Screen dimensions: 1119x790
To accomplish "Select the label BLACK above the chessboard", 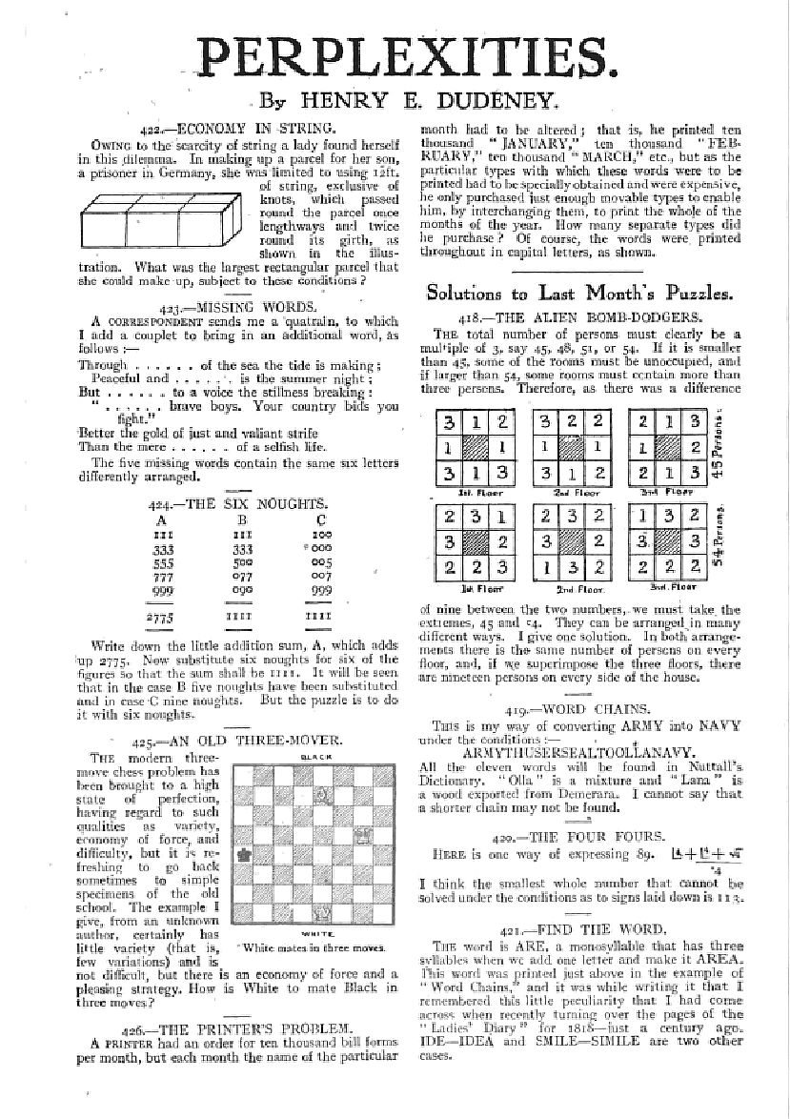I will pyautogui.click(x=311, y=758).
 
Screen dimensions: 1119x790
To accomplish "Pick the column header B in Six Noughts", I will pyautogui.click(x=240, y=520).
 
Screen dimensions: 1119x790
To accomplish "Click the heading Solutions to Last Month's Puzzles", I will pyautogui.click(x=580, y=293).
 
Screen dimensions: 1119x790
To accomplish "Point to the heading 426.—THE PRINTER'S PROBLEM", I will pyautogui.click(x=242, y=1028).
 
